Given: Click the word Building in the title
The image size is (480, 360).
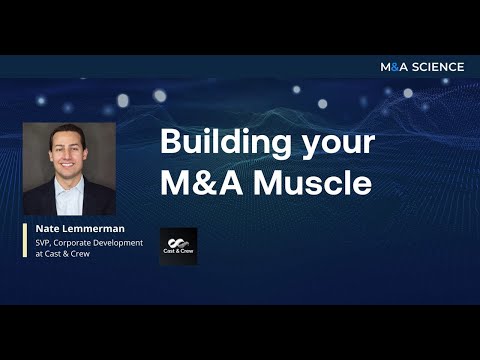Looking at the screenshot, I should click(213, 142).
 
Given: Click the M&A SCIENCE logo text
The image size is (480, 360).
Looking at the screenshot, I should click(422, 67).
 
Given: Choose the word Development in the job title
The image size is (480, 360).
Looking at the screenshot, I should click(121, 242).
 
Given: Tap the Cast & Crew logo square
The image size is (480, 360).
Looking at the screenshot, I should click(178, 246).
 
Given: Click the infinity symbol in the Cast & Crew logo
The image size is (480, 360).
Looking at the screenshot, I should click(178, 241).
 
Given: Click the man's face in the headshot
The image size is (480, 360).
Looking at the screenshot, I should click(66, 156).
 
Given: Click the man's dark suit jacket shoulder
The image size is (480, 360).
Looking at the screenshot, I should click(38, 200).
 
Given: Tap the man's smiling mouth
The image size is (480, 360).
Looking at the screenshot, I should click(66, 169).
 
